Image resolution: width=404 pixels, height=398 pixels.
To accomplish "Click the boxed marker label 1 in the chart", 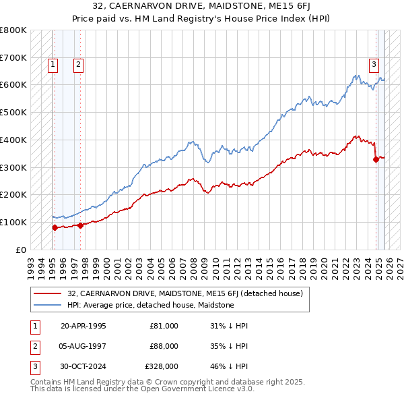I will pyautogui.click(x=53, y=65).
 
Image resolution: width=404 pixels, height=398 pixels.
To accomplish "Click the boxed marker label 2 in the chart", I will pyautogui.click(x=79, y=65).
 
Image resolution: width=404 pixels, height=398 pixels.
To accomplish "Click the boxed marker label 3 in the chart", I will pyautogui.click(x=374, y=65).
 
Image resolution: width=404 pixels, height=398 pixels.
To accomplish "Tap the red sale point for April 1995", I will pyautogui.click(x=55, y=227).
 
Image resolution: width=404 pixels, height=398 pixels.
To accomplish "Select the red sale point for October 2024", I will pyautogui.click(x=376, y=159).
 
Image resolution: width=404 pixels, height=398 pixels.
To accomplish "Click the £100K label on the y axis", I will pyautogui.click(x=13, y=222).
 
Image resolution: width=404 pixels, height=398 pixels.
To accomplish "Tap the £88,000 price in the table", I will pyautogui.click(x=164, y=346).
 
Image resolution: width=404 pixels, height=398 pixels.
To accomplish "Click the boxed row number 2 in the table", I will pyautogui.click(x=34, y=346).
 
